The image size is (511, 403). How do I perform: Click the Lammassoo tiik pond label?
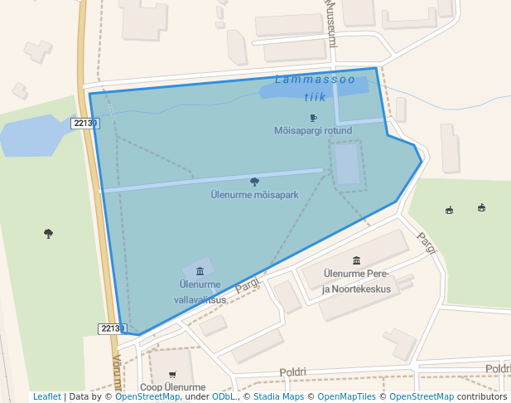click(x=315, y=88)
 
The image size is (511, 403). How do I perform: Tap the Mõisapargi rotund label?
click(x=313, y=130)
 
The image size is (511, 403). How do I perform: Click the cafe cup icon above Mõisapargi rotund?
click(x=313, y=118)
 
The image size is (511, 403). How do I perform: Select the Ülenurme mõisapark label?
click(x=254, y=195)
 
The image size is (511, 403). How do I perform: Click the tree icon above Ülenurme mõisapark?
click(x=254, y=182)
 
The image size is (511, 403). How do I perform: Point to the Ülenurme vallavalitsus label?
click(x=200, y=291)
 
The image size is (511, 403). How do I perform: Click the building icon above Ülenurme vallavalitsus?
click(x=200, y=271)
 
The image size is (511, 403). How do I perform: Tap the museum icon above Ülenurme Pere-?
click(x=356, y=260)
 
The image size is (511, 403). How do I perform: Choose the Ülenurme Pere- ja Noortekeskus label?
click(x=356, y=281)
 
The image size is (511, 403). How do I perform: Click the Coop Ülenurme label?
click(x=172, y=387)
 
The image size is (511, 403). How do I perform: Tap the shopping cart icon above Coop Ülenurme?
click(x=172, y=375)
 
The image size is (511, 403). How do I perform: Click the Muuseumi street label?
click(x=330, y=22)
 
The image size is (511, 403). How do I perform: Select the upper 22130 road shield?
click(x=84, y=123)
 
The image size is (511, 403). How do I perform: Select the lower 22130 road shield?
click(x=111, y=328)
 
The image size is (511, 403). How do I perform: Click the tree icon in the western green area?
click(x=48, y=234)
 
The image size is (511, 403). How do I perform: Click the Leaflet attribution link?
click(x=46, y=397)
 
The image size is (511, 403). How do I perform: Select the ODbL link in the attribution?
click(x=223, y=397)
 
